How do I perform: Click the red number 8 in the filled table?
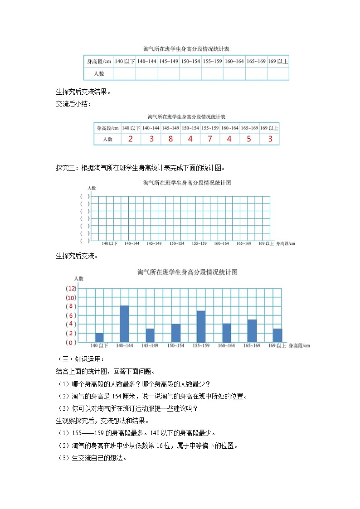pyautogui.click(x=170, y=139)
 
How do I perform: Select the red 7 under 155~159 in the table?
pyautogui.click(x=209, y=139)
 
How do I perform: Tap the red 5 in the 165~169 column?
pyautogui.click(x=248, y=139)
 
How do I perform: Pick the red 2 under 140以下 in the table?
pyautogui.click(x=131, y=139)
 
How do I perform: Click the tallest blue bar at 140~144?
pyautogui.click(x=124, y=324)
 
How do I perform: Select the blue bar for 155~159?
pyautogui.click(x=201, y=326)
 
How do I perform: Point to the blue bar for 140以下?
pyautogui.click(x=99, y=338)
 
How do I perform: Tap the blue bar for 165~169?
pyautogui.click(x=252, y=331)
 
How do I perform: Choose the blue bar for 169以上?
pyautogui.click(x=277, y=335)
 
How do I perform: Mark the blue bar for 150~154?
pyautogui.click(x=176, y=333)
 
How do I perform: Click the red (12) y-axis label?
pyautogui.click(x=71, y=289)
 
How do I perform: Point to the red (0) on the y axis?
pyautogui.click(x=71, y=342)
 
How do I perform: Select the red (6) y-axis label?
pyautogui.click(x=71, y=315)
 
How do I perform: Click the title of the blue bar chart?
pyautogui.click(x=187, y=272)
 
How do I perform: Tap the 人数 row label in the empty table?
pyautogui.click(x=99, y=73)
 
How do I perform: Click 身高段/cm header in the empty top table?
pyautogui.click(x=99, y=61)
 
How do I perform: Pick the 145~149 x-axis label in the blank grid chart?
pyautogui.click(x=154, y=243)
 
